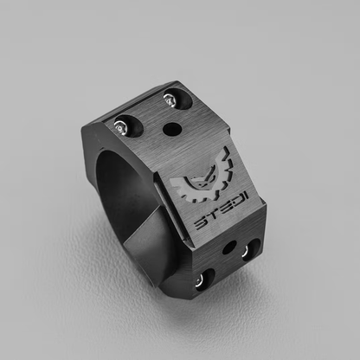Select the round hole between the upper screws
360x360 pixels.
pyautogui.click(x=170, y=129)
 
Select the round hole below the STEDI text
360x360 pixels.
pyautogui.click(x=228, y=248)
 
